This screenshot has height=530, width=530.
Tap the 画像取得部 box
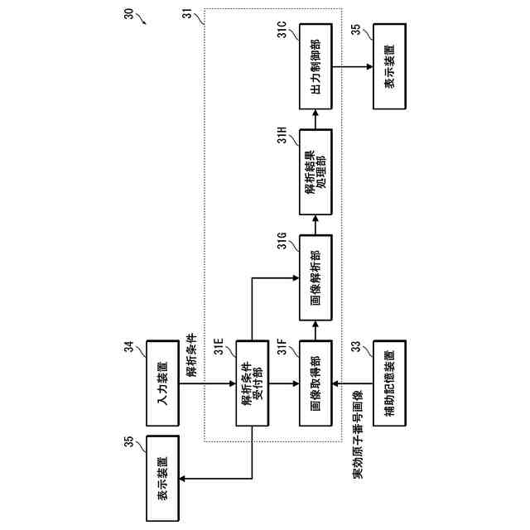pyautogui.click(x=316, y=383)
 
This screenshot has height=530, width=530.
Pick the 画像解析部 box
pyautogui.click(x=316, y=279)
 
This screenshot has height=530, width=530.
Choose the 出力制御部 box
pyautogui.click(x=316, y=67)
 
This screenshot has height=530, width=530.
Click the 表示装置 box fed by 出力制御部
pyautogui.click(x=390, y=67)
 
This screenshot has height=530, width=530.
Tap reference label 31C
pyautogui.click(x=282, y=35)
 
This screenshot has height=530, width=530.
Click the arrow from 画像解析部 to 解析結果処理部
pyautogui.click(x=316, y=226)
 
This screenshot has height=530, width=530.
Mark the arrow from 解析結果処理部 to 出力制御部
pyautogui.click(x=316, y=120)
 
